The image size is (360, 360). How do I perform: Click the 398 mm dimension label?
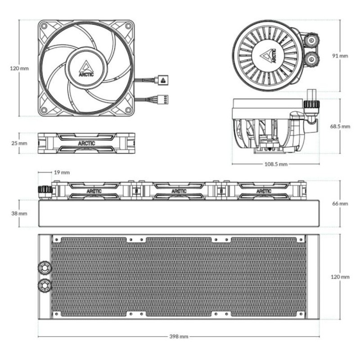(179, 336)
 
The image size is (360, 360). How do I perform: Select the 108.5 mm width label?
(275, 164)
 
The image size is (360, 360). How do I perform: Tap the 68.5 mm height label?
(340, 126)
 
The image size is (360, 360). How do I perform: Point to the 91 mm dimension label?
(340, 56)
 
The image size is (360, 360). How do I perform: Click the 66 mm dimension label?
(340, 204)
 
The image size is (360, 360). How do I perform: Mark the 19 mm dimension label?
(62, 172)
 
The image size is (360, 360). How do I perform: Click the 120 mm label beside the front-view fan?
(19, 68)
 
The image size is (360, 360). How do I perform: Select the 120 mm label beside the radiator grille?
(340, 277)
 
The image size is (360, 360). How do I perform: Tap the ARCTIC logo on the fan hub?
(86, 68)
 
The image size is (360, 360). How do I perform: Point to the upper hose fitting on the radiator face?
(45, 267)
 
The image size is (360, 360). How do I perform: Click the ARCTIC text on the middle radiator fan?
(179, 191)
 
